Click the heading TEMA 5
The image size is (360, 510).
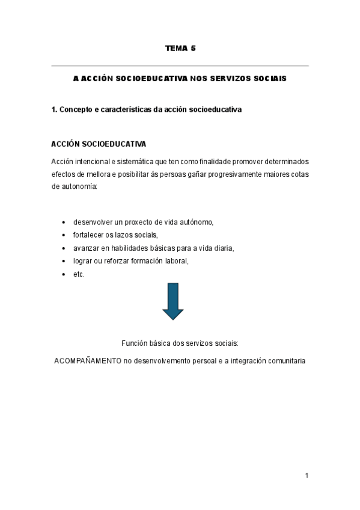tap(180, 48)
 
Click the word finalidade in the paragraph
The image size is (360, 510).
tap(213, 162)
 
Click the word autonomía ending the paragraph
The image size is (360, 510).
tap(79, 186)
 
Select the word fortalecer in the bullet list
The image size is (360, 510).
tap(88, 235)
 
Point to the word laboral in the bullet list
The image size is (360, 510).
tap(176, 260)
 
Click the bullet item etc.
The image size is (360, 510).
tap(79, 274)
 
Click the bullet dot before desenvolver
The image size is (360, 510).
tap(64, 223)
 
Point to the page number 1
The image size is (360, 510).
tap(307, 476)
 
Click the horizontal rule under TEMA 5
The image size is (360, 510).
tap(180, 66)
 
